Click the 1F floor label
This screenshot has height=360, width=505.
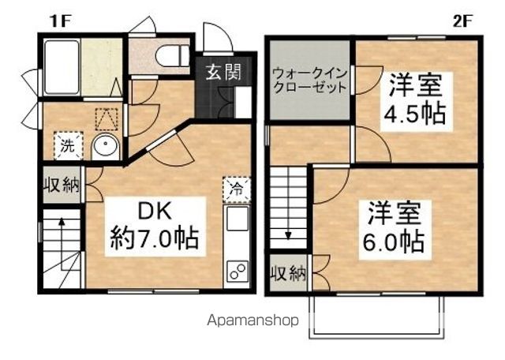61,21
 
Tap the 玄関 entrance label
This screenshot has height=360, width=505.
224,73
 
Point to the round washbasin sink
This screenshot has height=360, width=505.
105,146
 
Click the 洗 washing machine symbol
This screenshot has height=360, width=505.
67,145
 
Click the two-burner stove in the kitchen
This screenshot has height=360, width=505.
236,270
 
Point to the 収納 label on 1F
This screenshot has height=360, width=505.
61,186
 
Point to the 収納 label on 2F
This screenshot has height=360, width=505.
289,275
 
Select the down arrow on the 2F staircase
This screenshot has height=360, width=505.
288,234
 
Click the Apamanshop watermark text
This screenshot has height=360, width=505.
252,321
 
